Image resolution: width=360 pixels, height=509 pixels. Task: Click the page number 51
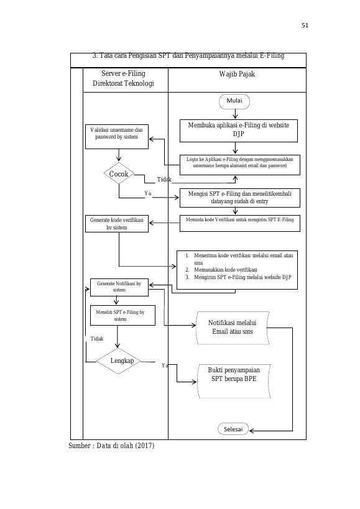[305, 25]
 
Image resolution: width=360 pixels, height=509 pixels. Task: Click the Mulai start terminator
[234, 101]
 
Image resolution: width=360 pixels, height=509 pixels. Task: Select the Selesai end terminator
[233, 429]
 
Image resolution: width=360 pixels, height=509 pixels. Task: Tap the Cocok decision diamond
[119, 173]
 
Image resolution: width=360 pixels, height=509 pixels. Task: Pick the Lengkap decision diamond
[118, 360]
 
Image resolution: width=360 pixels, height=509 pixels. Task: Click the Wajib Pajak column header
[237, 74]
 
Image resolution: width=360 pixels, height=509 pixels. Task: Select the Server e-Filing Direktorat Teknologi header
[123, 78]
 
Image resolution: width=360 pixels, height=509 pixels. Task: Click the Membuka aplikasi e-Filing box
[239, 131]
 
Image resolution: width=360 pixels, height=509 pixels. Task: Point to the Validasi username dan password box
[117, 137]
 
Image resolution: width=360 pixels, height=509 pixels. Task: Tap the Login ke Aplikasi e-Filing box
[240, 165]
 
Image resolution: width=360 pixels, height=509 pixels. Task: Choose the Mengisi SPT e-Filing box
[240, 198]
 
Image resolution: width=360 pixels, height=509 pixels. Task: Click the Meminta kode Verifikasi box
[240, 223]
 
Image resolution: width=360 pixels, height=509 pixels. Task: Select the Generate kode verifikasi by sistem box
[117, 224]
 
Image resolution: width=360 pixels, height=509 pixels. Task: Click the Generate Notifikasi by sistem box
[119, 287]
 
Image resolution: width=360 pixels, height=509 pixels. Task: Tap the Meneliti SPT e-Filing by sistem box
[122, 315]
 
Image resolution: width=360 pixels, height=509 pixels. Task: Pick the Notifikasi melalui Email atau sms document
[233, 328]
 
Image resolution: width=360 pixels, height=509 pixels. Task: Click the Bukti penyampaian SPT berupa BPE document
[234, 381]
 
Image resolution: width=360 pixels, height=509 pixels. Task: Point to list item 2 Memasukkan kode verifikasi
[221, 270]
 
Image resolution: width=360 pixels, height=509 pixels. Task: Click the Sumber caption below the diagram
[111, 446]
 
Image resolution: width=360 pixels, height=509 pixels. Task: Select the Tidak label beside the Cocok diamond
[164, 180]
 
